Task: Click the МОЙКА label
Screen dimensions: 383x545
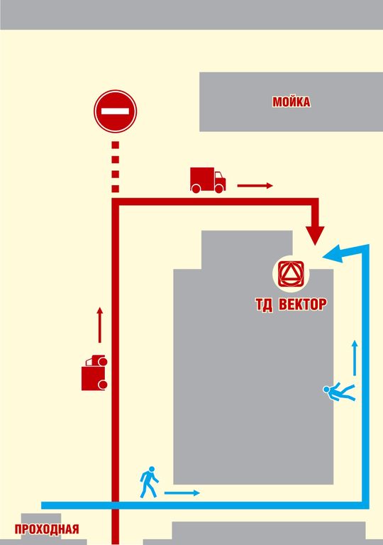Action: pyautogui.click(x=292, y=102)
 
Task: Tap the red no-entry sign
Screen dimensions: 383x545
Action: pyautogui.click(x=115, y=111)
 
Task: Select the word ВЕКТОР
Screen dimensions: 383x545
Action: pyautogui.click(x=302, y=304)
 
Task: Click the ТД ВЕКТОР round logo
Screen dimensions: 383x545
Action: pyautogui.click(x=291, y=272)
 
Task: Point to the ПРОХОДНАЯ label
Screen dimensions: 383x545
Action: pyautogui.click(x=47, y=529)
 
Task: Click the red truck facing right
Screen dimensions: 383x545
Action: pyautogui.click(x=208, y=180)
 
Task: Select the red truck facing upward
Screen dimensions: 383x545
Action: pyautogui.click(x=94, y=373)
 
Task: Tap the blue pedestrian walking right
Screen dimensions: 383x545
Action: pyautogui.click(x=149, y=482)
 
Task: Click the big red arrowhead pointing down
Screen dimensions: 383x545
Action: pyautogui.click(x=315, y=235)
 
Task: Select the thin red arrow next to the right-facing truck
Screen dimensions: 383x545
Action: pyautogui.click(x=255, y=186)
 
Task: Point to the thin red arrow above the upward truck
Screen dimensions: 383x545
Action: pyautogui.click(x=100, y=324)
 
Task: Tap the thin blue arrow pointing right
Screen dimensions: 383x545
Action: pyautogui.click(x=182, y=493)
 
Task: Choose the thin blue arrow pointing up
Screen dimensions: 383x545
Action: pyautogui.click(x=355, y=358)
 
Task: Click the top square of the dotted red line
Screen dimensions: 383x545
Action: pyautogui.click(x=116, y=145)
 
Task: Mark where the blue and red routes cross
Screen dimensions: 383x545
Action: pyautogui.click(x=116, y=505)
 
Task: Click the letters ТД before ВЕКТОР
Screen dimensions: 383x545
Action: pyautogui.click(x=264, y=305)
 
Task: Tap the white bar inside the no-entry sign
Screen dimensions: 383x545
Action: pyautogui.click(x=115, y=111)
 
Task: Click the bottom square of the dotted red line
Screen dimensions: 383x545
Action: pyautogui.click(x=116, y=189)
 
